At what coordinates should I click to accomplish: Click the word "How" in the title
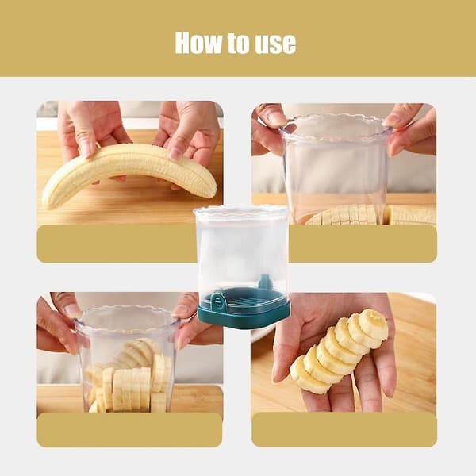point(198,43)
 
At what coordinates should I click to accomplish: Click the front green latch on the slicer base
point(218,301)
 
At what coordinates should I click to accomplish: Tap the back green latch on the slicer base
point(265,282)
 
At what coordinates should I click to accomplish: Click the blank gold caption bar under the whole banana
point(117,244)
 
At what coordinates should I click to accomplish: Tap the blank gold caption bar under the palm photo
point(344,429)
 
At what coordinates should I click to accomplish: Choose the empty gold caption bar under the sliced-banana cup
point(129,429)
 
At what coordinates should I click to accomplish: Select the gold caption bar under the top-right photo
point(363,244)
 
